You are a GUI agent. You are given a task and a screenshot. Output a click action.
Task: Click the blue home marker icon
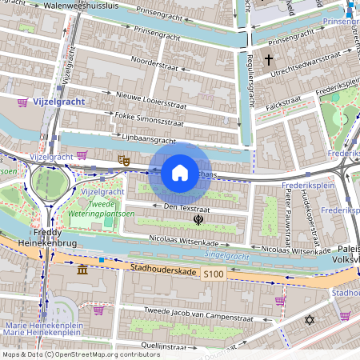(180, 172)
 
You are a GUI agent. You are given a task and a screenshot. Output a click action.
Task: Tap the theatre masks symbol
(123, 161)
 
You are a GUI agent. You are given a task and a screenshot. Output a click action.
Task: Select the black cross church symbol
(269, 60)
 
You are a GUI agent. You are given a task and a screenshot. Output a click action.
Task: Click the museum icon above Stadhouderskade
(83, 271)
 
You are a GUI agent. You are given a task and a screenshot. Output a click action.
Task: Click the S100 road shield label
(213, 274)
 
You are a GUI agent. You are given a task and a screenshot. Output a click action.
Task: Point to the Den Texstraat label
(181, 206)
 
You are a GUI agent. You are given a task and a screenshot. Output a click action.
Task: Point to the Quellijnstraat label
(140, 345)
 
